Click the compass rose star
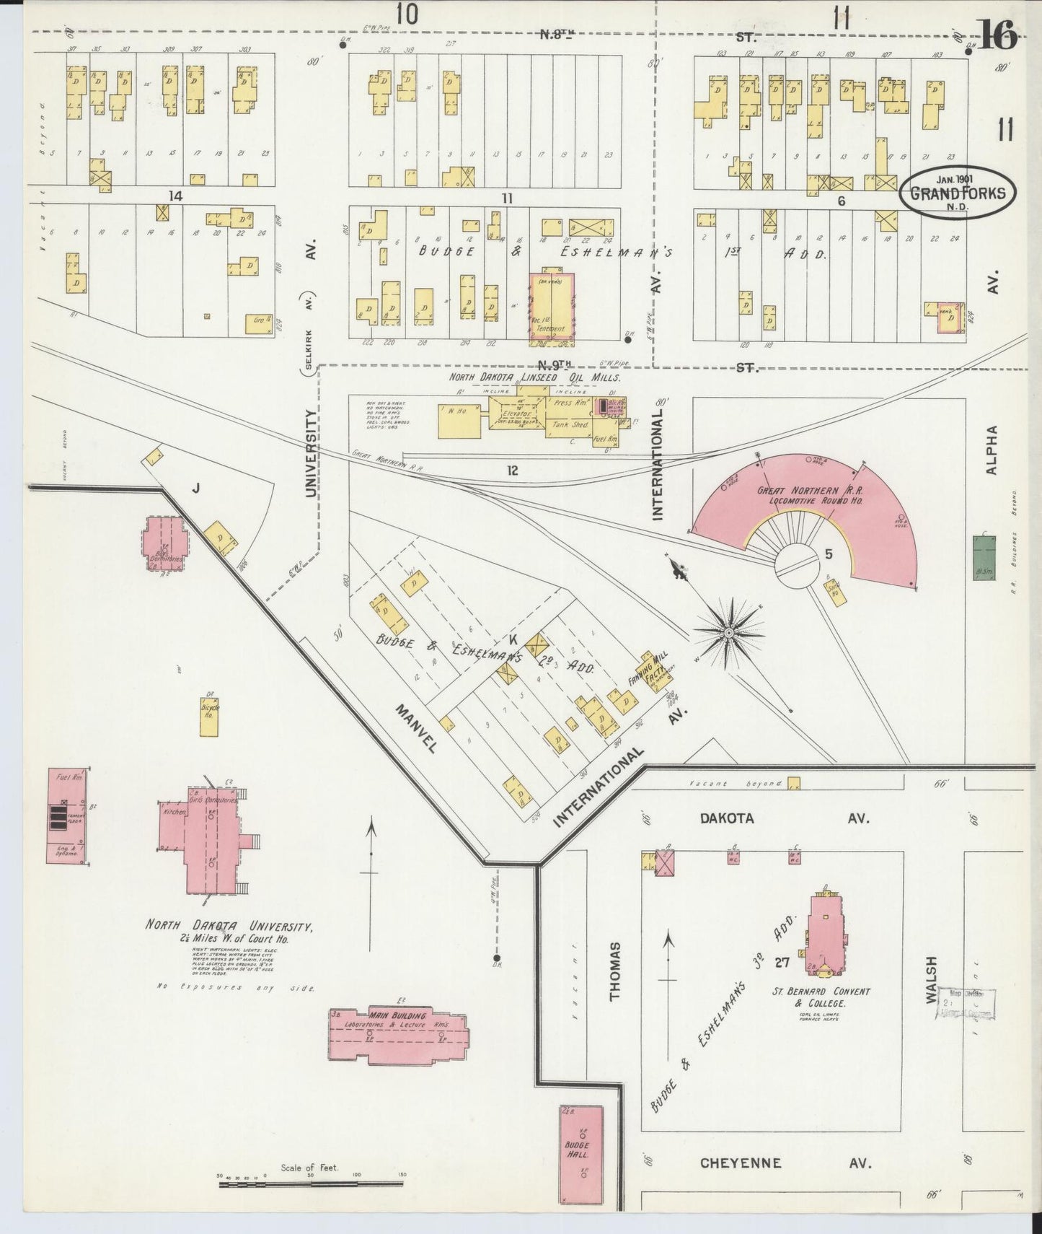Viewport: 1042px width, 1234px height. [x=728, y=632]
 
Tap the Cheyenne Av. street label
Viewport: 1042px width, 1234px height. [x=786, y=1163]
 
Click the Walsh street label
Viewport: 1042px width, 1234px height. [x=930, y=980]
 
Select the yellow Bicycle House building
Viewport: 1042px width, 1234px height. [x=210, y=716]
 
